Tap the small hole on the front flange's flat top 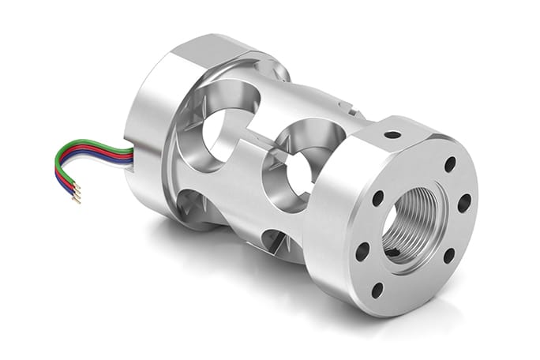[392, 134]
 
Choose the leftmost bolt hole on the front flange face [362, 251]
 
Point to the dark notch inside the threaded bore [394, 252]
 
